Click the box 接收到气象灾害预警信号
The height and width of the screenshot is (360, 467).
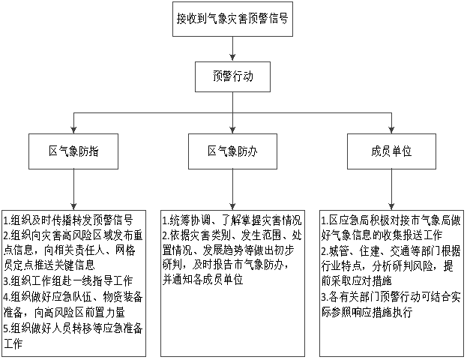point(232,19)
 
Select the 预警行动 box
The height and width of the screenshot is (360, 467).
point(232,76)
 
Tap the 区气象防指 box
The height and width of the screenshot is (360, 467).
point(73,151)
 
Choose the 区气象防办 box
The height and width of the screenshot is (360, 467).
point(232,151)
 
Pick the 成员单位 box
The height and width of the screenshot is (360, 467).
point(391,151)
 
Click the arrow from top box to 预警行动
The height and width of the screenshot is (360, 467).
point(232,49)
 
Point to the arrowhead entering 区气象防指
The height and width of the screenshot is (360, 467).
point(73,130)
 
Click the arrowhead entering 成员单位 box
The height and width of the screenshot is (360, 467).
point(391,130)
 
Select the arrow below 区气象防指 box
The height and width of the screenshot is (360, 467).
point(73,190)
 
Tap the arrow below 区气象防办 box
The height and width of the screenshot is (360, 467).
point(232,190)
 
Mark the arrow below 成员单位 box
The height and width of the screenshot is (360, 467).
point(391,190)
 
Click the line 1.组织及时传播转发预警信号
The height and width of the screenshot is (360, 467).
point(68,220)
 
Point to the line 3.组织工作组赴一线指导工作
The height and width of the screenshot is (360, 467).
point(68,281)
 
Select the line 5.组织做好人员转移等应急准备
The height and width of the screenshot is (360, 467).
point(73,328)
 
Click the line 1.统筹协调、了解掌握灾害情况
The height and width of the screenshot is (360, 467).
point(232,220)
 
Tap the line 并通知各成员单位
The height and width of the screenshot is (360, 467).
point(203,280)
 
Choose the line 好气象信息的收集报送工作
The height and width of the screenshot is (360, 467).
point(382,235)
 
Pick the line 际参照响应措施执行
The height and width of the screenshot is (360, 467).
point(367,312)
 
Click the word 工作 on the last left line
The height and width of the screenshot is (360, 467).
point(13,343)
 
